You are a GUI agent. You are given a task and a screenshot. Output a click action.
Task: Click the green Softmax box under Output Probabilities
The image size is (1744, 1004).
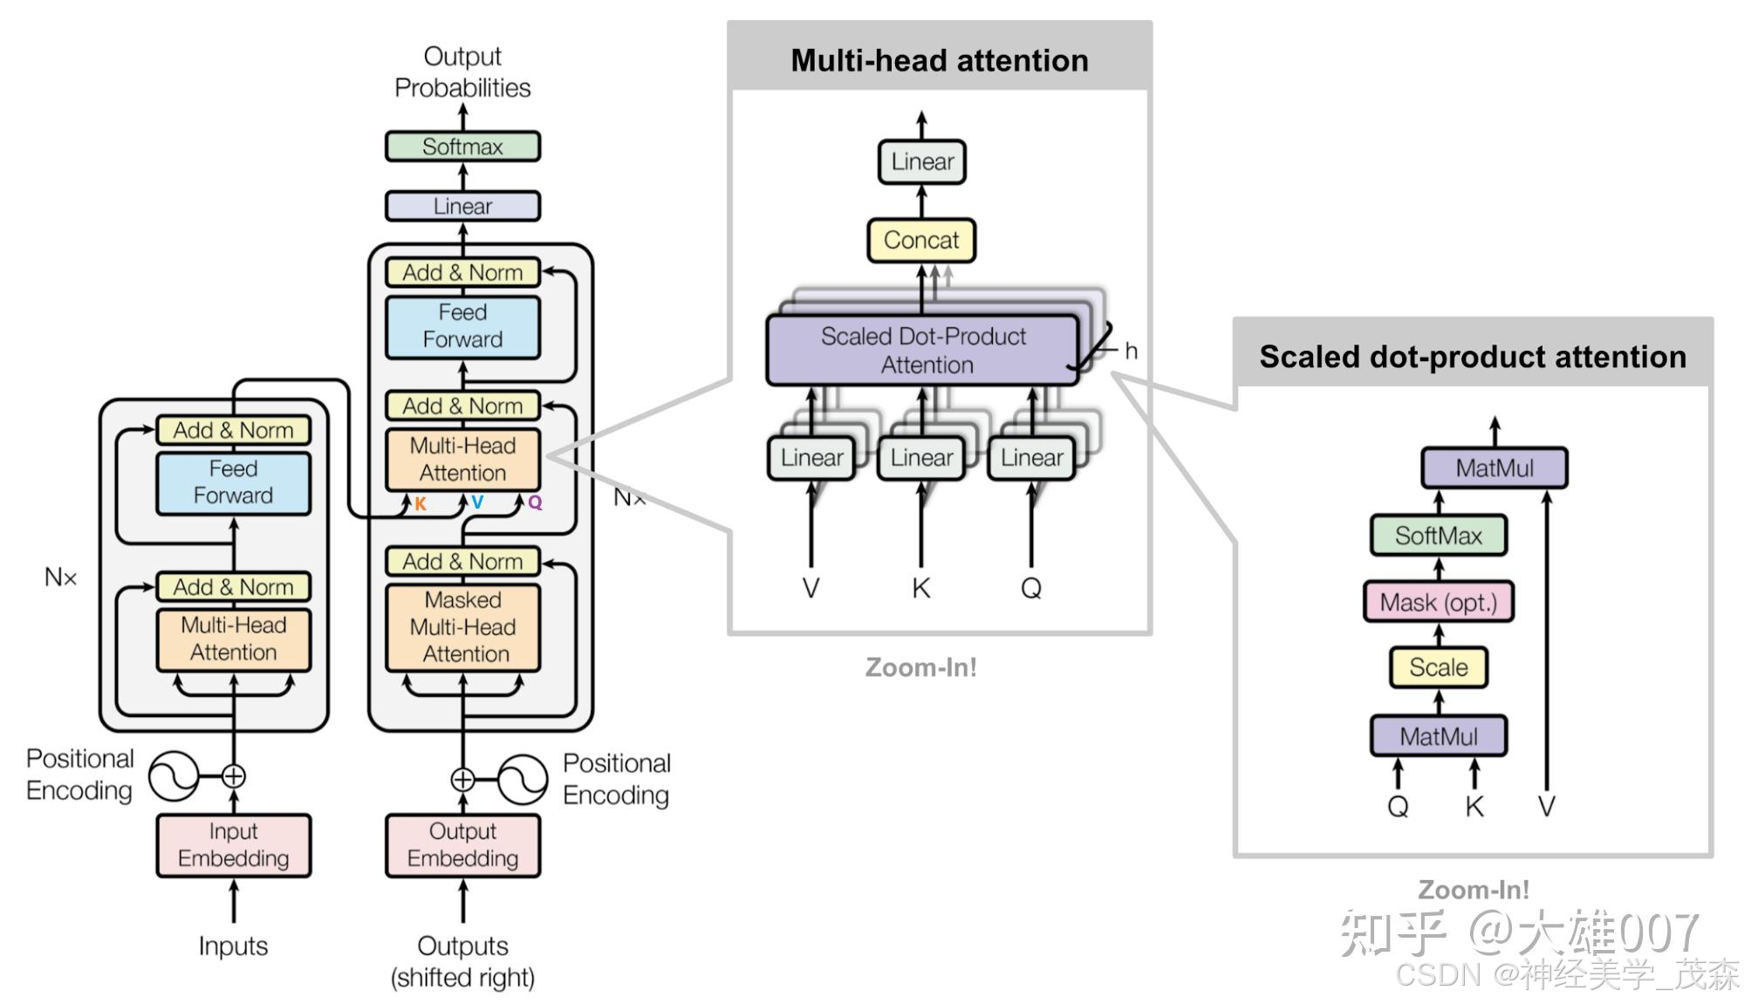click(x=462, y=147)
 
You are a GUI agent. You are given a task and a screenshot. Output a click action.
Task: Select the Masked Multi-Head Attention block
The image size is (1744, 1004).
click(x=462, y=627)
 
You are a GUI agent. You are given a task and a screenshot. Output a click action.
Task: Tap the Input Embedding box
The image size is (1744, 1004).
click(x=233, y=845)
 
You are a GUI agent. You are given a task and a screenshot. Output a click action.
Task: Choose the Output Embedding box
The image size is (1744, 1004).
click(x=462, y=845)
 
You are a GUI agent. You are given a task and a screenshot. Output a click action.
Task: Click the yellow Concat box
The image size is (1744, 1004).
click(x=921, y=240)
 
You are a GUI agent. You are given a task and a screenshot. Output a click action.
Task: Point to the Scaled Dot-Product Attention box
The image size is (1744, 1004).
click(x=923, y=350)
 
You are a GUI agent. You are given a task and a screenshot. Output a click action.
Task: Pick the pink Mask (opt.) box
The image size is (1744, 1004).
click(x=1439, y=602)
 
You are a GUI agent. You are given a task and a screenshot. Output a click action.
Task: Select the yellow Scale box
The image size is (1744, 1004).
click(x=1439, y=667)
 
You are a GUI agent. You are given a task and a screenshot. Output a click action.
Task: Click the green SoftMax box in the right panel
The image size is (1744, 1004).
click(x=1439, y=535)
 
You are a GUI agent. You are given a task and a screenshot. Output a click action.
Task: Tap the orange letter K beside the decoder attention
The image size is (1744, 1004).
click(x=421, y=504)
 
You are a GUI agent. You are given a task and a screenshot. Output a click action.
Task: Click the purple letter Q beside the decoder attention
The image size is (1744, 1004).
click(x=535, y=502)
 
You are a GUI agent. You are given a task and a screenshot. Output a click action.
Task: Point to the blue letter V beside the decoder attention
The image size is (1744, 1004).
click(x=477, y=502)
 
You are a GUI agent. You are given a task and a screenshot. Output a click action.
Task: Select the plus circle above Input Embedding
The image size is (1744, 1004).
click(x=233, y=775)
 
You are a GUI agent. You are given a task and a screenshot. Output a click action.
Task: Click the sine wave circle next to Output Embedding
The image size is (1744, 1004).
click(x=523, y=779)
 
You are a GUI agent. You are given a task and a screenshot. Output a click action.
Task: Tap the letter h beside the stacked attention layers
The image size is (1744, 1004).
click(x=1132, y=351)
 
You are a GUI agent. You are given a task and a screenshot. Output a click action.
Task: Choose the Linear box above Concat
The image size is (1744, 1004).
click(x=922, y=162)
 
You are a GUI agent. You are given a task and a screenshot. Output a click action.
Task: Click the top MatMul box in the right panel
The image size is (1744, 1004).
click(x=1494, y=468)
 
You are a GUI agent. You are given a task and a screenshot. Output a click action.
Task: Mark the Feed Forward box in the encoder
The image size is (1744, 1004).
click(x=233, y=482)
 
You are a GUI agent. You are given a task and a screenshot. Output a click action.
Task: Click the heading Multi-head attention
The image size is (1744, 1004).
click(x=940, y=60)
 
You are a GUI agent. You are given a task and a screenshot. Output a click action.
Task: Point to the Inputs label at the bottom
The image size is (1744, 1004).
click(x=233, y=946)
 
